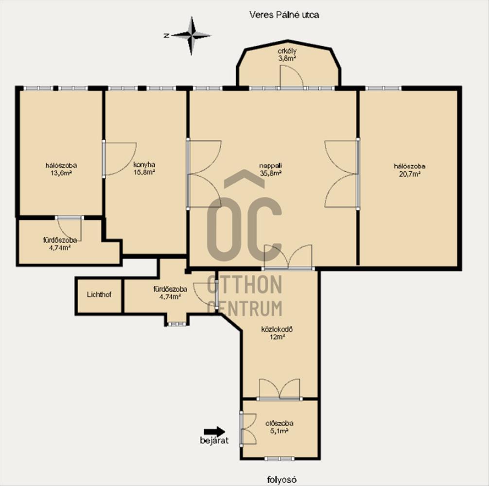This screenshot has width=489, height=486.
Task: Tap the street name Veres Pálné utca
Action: (284, 15)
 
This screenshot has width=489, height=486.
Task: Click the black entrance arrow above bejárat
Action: (214, 432)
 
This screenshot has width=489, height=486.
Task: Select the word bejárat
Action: (214, 440)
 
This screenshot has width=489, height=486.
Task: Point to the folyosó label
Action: (281, 479)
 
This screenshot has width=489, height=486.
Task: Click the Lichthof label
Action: (99, 295)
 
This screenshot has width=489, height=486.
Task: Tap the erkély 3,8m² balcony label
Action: (287, 54)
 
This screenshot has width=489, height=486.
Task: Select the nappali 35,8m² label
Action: (271, 169)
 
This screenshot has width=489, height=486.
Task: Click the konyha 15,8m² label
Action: (144, 168)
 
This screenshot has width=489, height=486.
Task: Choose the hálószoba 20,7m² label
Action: (409, 170)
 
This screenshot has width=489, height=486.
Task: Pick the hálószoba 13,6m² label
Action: (61, 169)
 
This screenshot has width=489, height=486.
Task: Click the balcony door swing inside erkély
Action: (292, 76)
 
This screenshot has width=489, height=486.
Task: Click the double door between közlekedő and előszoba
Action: (279, 389)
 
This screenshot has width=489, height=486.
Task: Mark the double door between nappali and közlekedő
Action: (288, 257)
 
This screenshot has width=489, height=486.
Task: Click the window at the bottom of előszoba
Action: (279, 459)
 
